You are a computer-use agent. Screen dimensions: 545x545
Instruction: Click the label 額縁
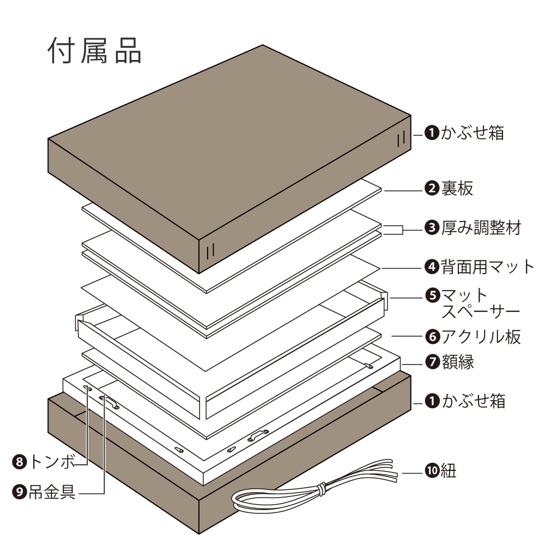tap(458, 361)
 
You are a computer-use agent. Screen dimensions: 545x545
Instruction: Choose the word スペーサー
tap(480, 312)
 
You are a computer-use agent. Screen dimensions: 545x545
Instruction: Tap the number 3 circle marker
tap(432, 228)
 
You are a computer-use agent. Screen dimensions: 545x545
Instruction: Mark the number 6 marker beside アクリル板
tap(432, 337)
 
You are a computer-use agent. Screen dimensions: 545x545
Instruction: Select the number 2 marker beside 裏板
tap(432, 189)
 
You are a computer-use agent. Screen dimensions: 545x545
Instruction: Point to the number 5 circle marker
tap(432, 296)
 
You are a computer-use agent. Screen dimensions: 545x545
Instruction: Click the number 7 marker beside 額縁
tap(432, 361)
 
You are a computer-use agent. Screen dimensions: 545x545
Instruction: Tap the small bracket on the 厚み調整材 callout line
tap(393, 230)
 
